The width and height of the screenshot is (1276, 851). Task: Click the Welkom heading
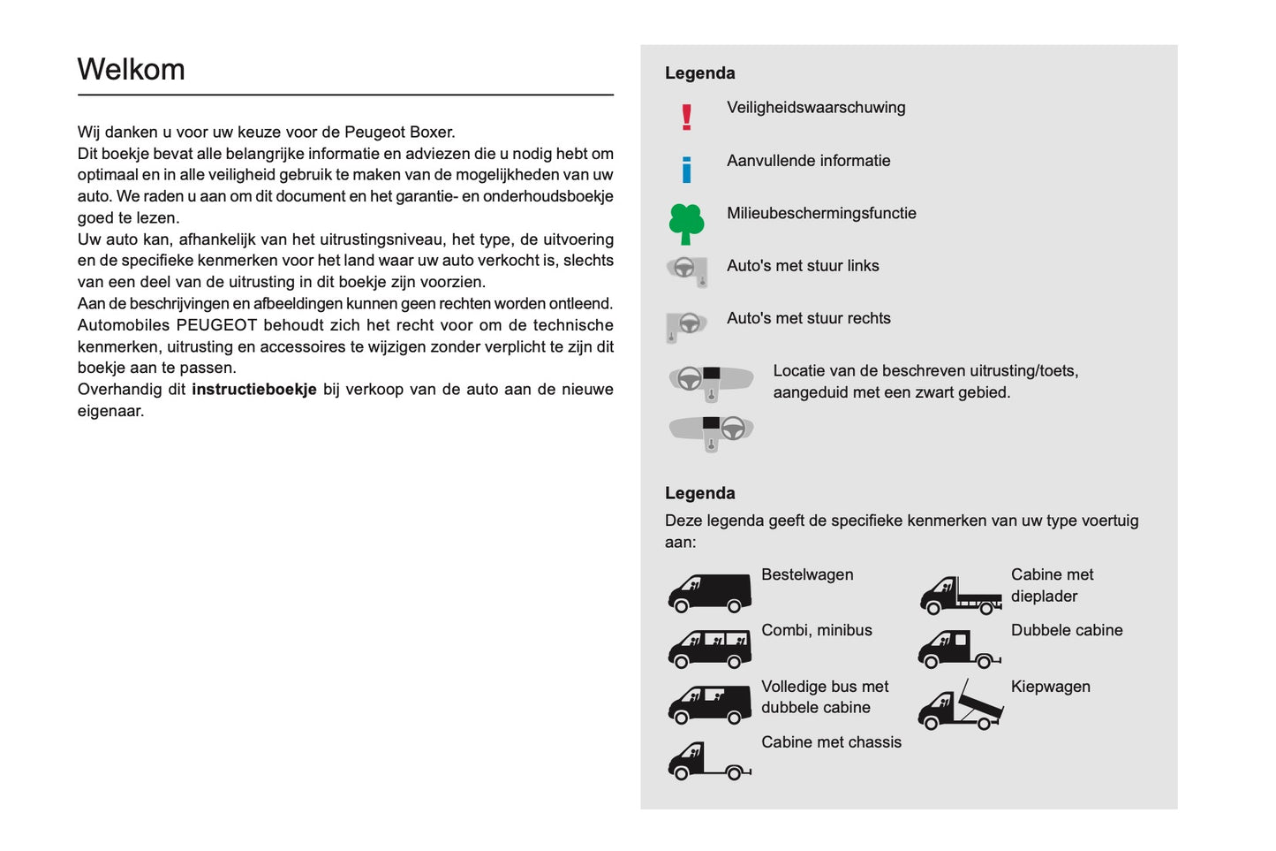[x=131, y=70]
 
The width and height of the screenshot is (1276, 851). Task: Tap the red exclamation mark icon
[x=686, y=117]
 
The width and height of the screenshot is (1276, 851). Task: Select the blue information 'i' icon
[x=686, y=169]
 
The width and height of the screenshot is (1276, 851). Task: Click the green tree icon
[x=686, y=223]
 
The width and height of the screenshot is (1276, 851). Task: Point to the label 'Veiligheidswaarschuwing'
[x=815, y=108]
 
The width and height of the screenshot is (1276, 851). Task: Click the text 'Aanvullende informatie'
[x=808, y=161]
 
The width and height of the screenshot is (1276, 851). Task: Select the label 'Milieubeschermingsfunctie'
[x=821, y=213]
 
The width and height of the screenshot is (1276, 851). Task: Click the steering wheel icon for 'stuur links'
[x=687, y=270]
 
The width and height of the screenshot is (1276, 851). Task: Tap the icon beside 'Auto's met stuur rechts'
[x=686, y=325]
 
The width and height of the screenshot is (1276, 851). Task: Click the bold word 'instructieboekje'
[x=253, y=390]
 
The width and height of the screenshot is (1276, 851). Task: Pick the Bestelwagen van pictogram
[x=709, y=593]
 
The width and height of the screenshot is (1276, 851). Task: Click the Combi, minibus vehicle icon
[x=709, y=649]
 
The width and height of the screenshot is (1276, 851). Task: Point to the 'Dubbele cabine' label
[x=1066, y=630]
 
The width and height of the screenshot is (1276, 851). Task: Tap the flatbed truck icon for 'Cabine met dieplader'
[x=960, y=596]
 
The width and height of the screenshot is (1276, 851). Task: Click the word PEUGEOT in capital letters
[x=216, y=325]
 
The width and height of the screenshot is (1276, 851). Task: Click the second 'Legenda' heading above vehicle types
[x=699, y=493]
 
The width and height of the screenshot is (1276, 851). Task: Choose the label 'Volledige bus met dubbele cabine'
[x=824, y=697]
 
